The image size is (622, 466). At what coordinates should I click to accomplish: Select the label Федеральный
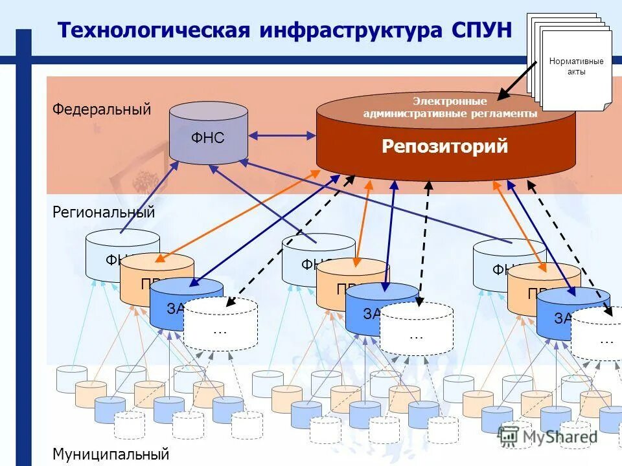102,109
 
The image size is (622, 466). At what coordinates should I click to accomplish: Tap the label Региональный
104,212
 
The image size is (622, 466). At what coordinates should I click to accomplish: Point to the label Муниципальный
111,454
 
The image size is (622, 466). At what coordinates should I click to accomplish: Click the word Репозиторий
444,147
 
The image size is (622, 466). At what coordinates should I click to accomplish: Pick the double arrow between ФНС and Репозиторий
282,135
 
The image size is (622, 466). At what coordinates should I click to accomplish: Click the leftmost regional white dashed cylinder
220,324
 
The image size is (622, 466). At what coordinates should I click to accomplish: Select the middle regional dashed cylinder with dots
416,329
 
